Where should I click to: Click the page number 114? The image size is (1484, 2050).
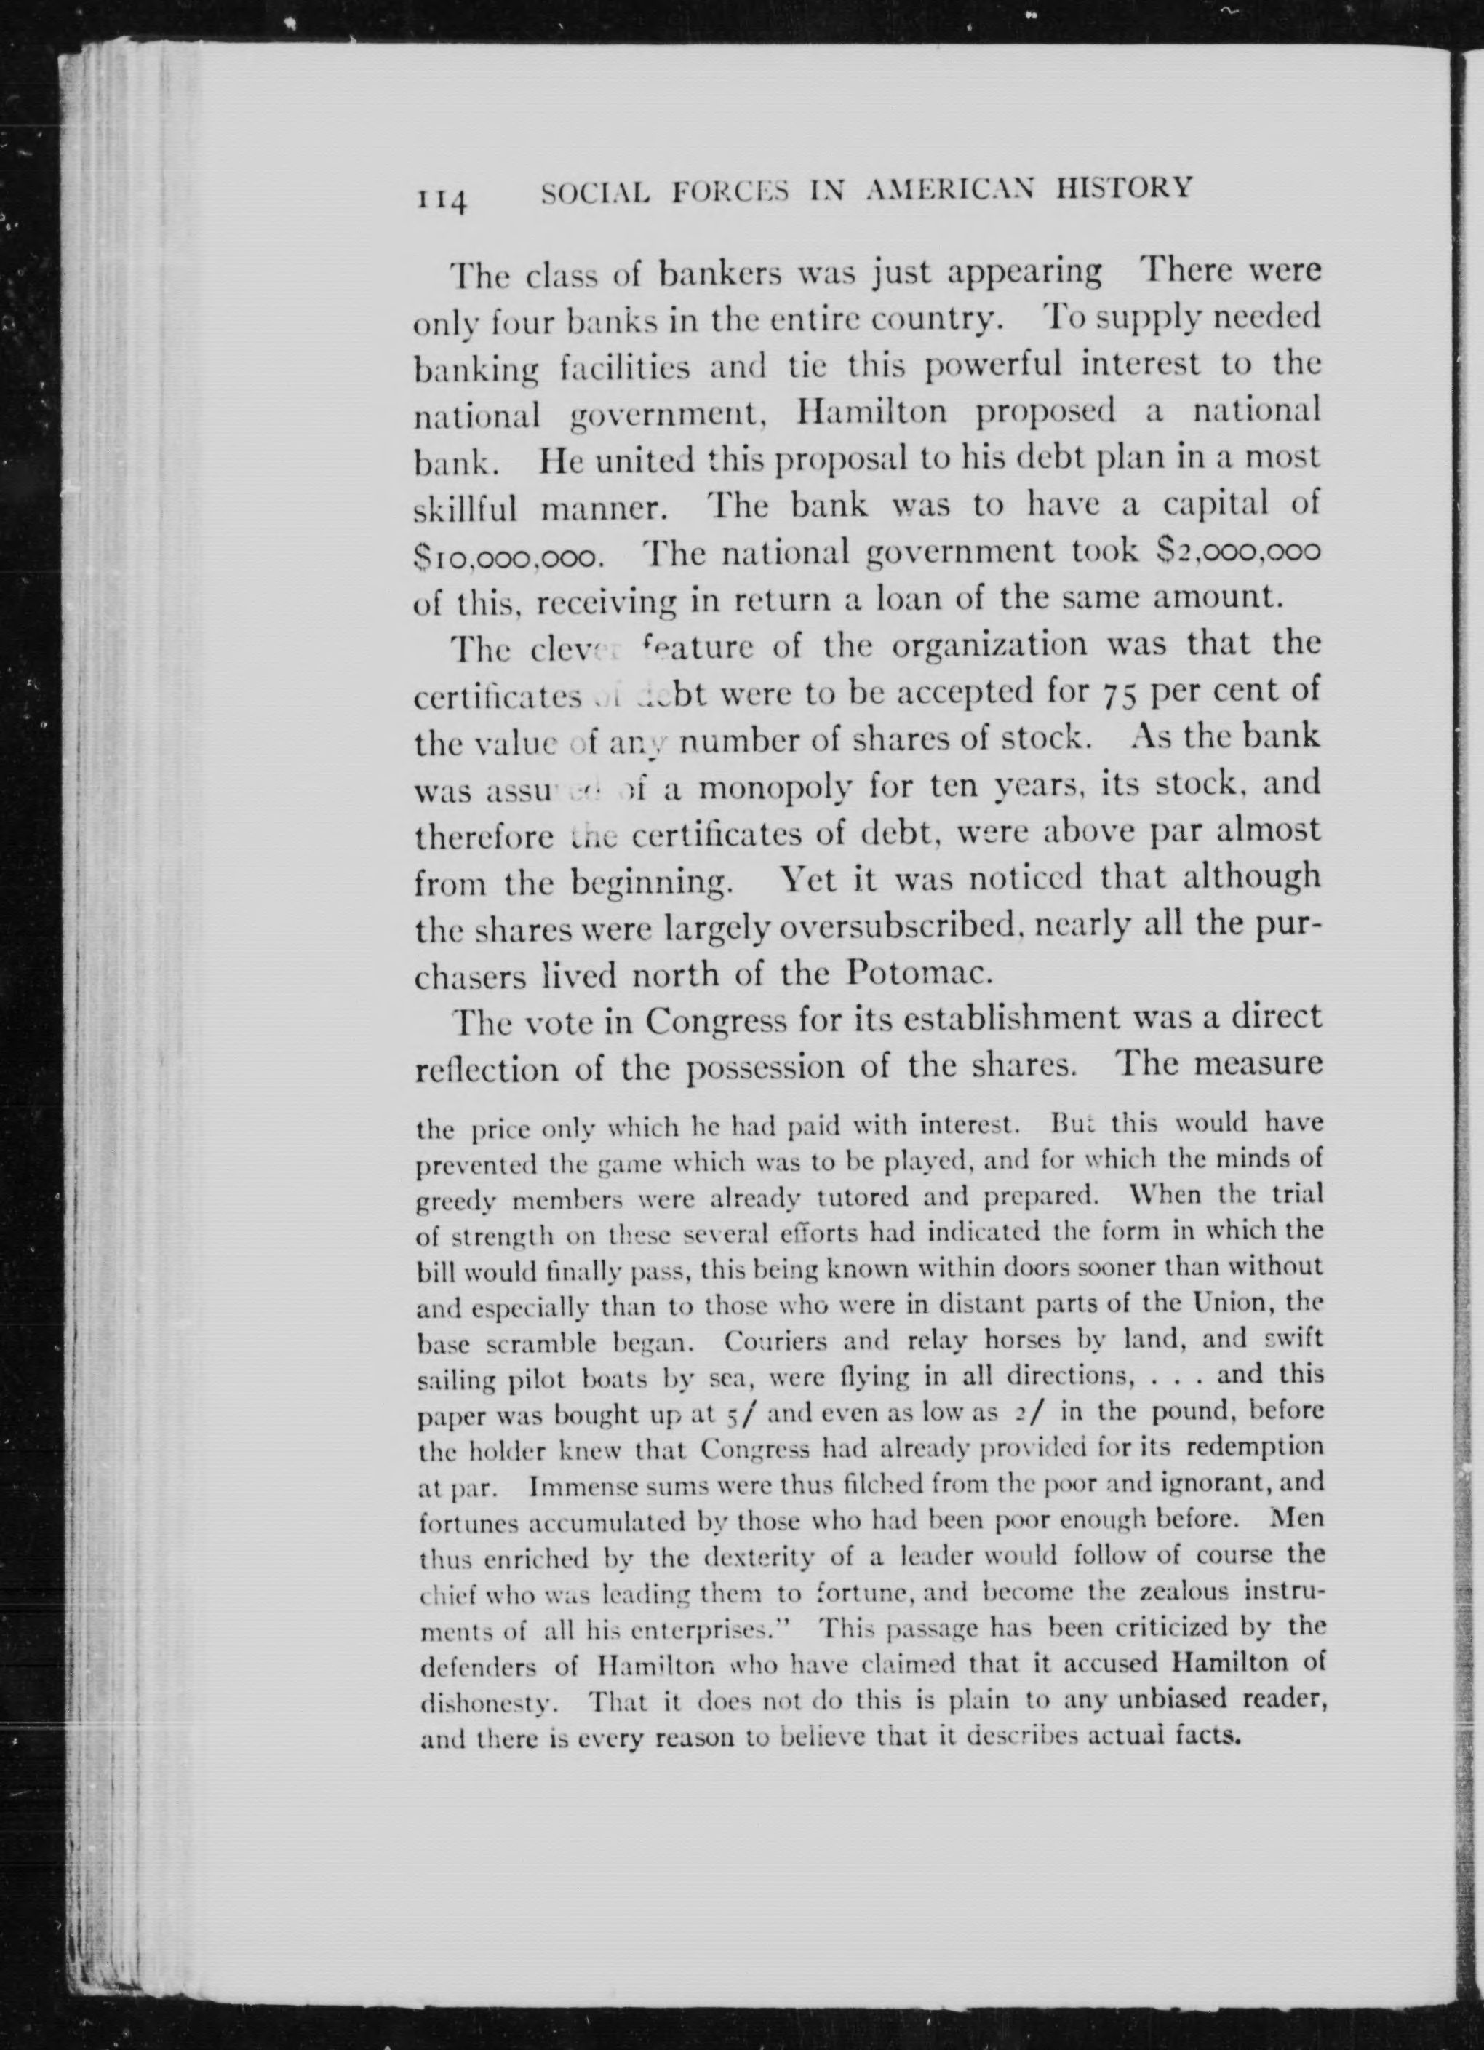coord(440,198)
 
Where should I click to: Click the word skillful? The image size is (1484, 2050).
coord(466,509)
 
